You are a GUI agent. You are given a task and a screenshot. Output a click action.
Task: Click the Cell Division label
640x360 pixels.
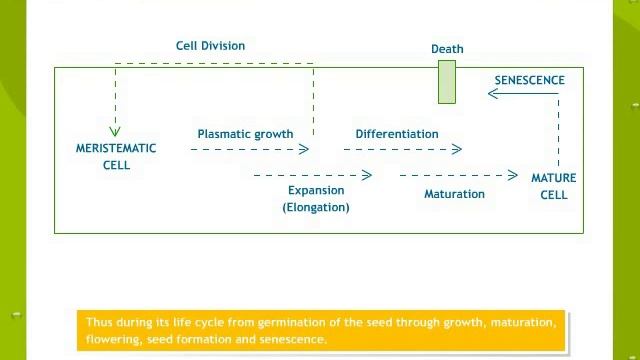coord(210,46)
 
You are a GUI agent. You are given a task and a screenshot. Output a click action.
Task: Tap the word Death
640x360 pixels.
coord(447,49)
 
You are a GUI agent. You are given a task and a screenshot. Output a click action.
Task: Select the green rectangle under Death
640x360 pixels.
coord(447,82)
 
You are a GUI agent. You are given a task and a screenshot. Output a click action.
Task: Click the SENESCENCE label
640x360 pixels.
coord(529,80)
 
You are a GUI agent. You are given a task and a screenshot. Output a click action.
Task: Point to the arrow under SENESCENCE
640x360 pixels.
coord(522,94)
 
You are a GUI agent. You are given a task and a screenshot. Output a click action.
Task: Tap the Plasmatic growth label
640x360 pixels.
coord(245,134)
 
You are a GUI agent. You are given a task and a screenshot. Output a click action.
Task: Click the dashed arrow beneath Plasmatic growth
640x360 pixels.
coord(250,149)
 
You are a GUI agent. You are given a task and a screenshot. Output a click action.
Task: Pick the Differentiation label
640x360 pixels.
coord(396,134)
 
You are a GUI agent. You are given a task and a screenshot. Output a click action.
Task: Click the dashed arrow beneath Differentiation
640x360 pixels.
coord(402,149)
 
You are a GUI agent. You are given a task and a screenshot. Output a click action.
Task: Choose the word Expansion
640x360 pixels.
coord(316,190)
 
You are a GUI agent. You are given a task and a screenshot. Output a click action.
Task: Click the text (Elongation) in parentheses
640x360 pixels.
coord(316,207)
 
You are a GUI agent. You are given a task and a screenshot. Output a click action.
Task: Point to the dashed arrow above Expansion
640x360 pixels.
coord(312,175)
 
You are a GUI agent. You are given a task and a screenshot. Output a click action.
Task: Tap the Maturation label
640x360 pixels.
coord(454,194)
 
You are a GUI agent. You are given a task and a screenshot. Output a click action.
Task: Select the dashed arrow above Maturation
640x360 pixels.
coord(458,175)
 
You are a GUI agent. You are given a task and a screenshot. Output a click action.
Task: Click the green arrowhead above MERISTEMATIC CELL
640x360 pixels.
coord(115,130)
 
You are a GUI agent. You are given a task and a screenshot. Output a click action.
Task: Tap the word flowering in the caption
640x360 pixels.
coord(111,339)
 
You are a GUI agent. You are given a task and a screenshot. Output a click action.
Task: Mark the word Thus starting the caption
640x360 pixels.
coord(98,322)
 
